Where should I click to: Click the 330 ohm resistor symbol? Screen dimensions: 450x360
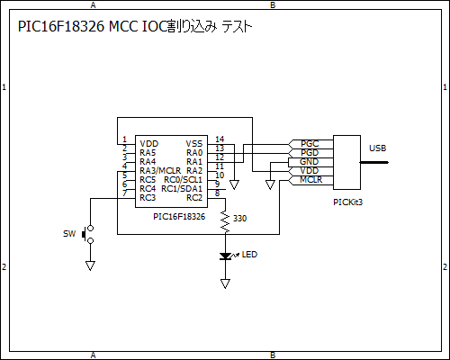point(225,222)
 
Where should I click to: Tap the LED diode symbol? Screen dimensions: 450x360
point(225,256)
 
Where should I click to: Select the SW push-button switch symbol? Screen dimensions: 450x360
point(87,234)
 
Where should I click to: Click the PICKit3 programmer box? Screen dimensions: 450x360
point(346,162)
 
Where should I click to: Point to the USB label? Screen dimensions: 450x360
point(377,148)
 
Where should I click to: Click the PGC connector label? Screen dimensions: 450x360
point(310,144)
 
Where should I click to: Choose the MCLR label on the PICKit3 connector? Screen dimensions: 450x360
point(310,180)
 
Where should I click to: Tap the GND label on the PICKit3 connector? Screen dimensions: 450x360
point(309,162)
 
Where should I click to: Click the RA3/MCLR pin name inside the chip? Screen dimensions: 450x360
point(160,171)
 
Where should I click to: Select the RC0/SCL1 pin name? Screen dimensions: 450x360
point(183,180)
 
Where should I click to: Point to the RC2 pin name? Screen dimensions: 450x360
point(194,198)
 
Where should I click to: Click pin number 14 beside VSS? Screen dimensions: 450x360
point(220,139)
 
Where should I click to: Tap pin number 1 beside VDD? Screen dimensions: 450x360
point(125,139)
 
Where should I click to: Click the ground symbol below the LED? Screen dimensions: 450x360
point(225,283)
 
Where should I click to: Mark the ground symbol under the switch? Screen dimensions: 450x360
point(90,265)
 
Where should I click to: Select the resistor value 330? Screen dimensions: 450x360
point(239,219)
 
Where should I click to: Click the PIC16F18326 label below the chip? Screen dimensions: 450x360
point(179,217)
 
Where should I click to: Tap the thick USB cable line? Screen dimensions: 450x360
point(374,162)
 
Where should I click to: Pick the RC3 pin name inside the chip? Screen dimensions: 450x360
point(148,198)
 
